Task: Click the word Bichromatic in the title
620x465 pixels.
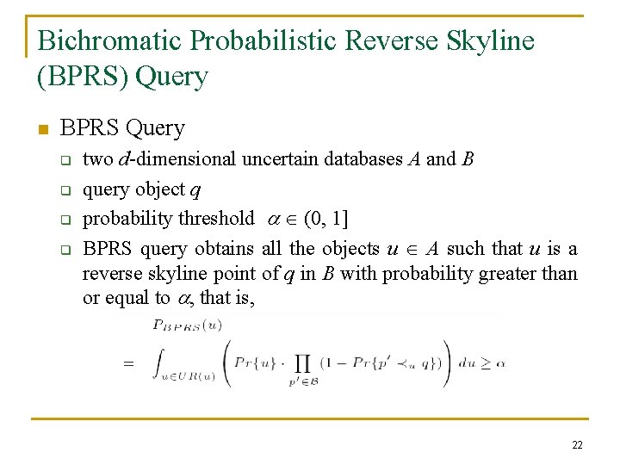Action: click(x=109, y=40)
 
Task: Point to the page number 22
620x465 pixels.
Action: click(x=576, y=445)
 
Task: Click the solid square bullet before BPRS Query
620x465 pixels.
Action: click(x=42, y=130)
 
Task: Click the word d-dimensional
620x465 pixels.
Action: click(x=177, y=159)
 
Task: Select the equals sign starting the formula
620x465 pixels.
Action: click(x=128, y=363)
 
